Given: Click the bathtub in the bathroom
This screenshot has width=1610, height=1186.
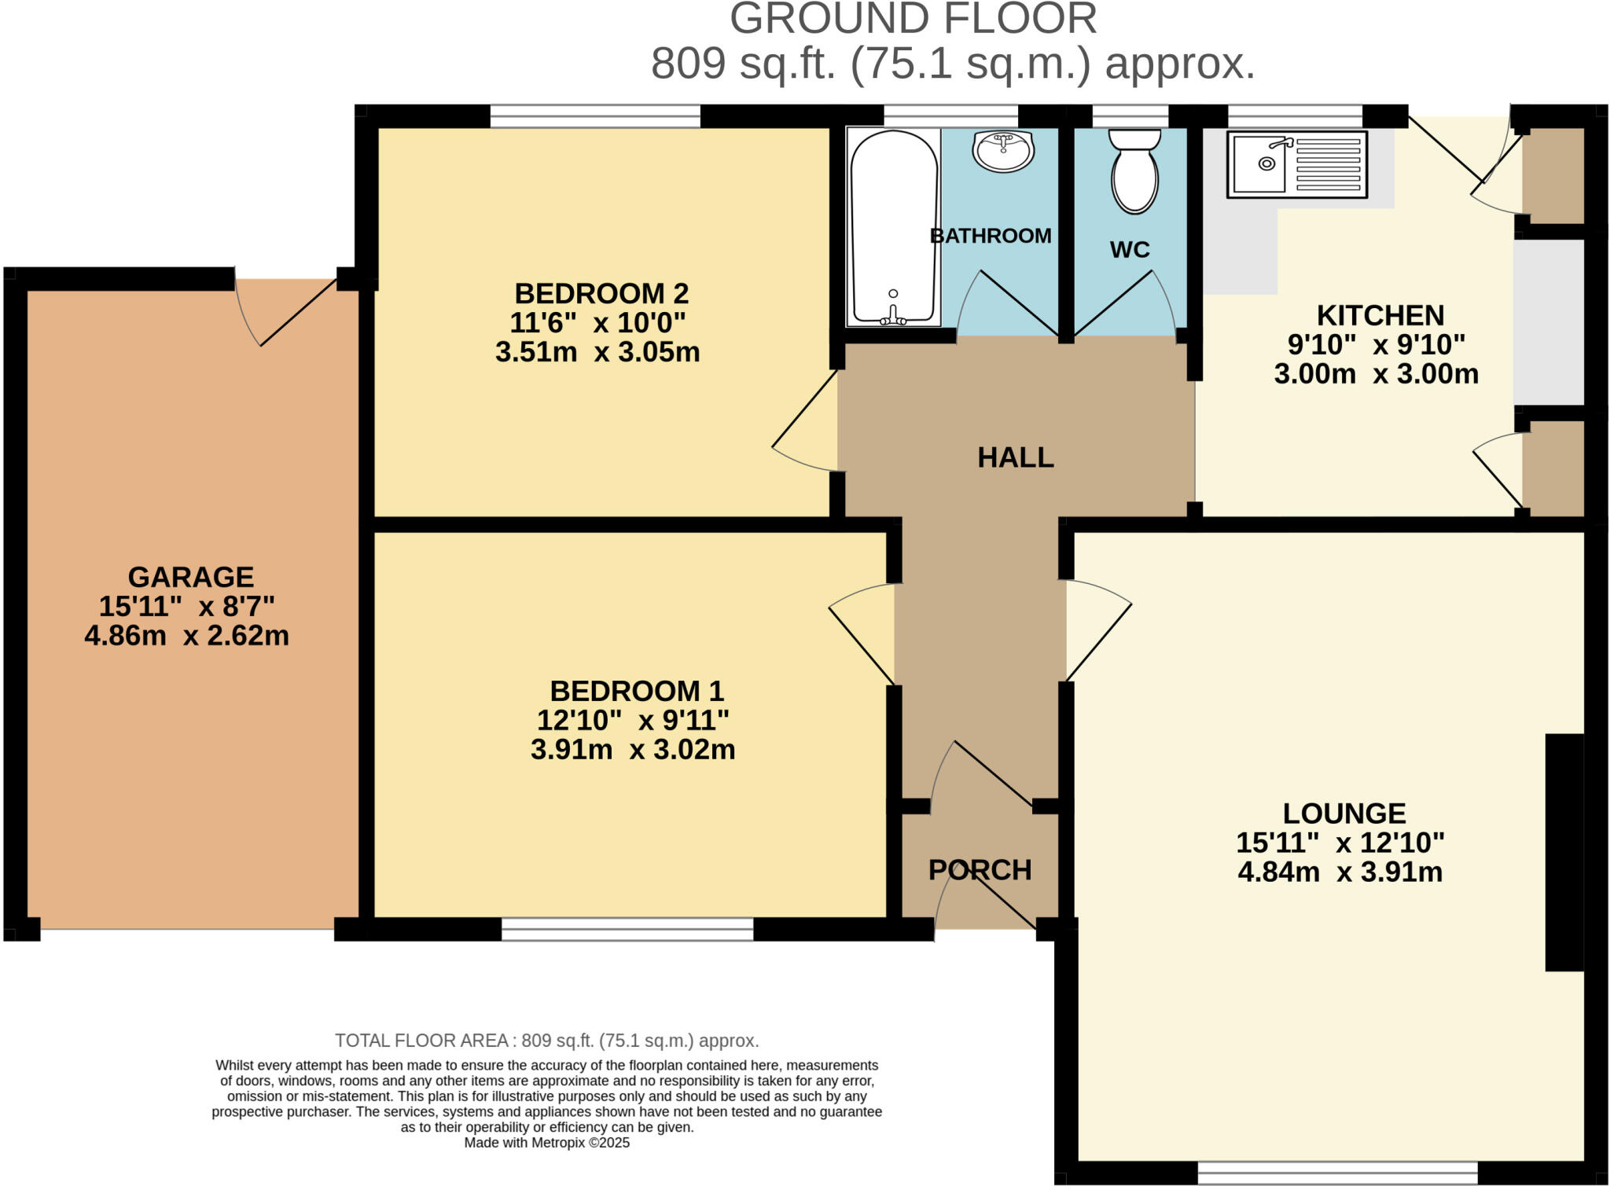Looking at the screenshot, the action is click(894, 227).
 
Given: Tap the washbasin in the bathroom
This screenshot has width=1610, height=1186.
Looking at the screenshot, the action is click(1002, 150).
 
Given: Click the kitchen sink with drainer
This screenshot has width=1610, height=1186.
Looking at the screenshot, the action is click(1297, 164).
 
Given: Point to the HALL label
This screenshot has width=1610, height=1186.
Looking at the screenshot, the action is click(1016, 457).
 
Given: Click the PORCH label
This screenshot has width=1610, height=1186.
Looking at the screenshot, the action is click(980, 870).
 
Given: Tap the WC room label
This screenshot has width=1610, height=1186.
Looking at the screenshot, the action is click(1130, 249).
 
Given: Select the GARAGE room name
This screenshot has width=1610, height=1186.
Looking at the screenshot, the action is click(191, 577).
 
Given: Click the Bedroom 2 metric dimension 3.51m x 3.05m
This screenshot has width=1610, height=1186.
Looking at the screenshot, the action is click(597, 351).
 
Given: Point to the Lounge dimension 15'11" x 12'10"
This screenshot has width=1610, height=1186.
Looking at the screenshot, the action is click(1340, 843).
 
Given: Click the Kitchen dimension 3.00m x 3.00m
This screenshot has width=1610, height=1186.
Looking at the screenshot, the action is click(1377, 373).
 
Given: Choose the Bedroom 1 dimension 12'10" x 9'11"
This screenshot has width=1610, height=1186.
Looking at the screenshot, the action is click(633, 720).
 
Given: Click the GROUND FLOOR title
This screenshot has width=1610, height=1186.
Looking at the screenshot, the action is click(913, 19).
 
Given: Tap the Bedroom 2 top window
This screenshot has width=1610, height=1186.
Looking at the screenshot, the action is click(595, 116).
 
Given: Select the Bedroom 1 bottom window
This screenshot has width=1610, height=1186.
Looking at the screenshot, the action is click(627, 930).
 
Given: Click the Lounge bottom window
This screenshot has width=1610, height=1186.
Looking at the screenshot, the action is click(1338, 1173).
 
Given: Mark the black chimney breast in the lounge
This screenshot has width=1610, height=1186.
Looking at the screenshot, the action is click(1564, 853).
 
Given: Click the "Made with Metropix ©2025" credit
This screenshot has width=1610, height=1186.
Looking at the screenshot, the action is click(547, 1143).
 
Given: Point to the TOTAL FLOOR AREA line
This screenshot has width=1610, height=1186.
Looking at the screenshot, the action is click(547, 1041).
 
